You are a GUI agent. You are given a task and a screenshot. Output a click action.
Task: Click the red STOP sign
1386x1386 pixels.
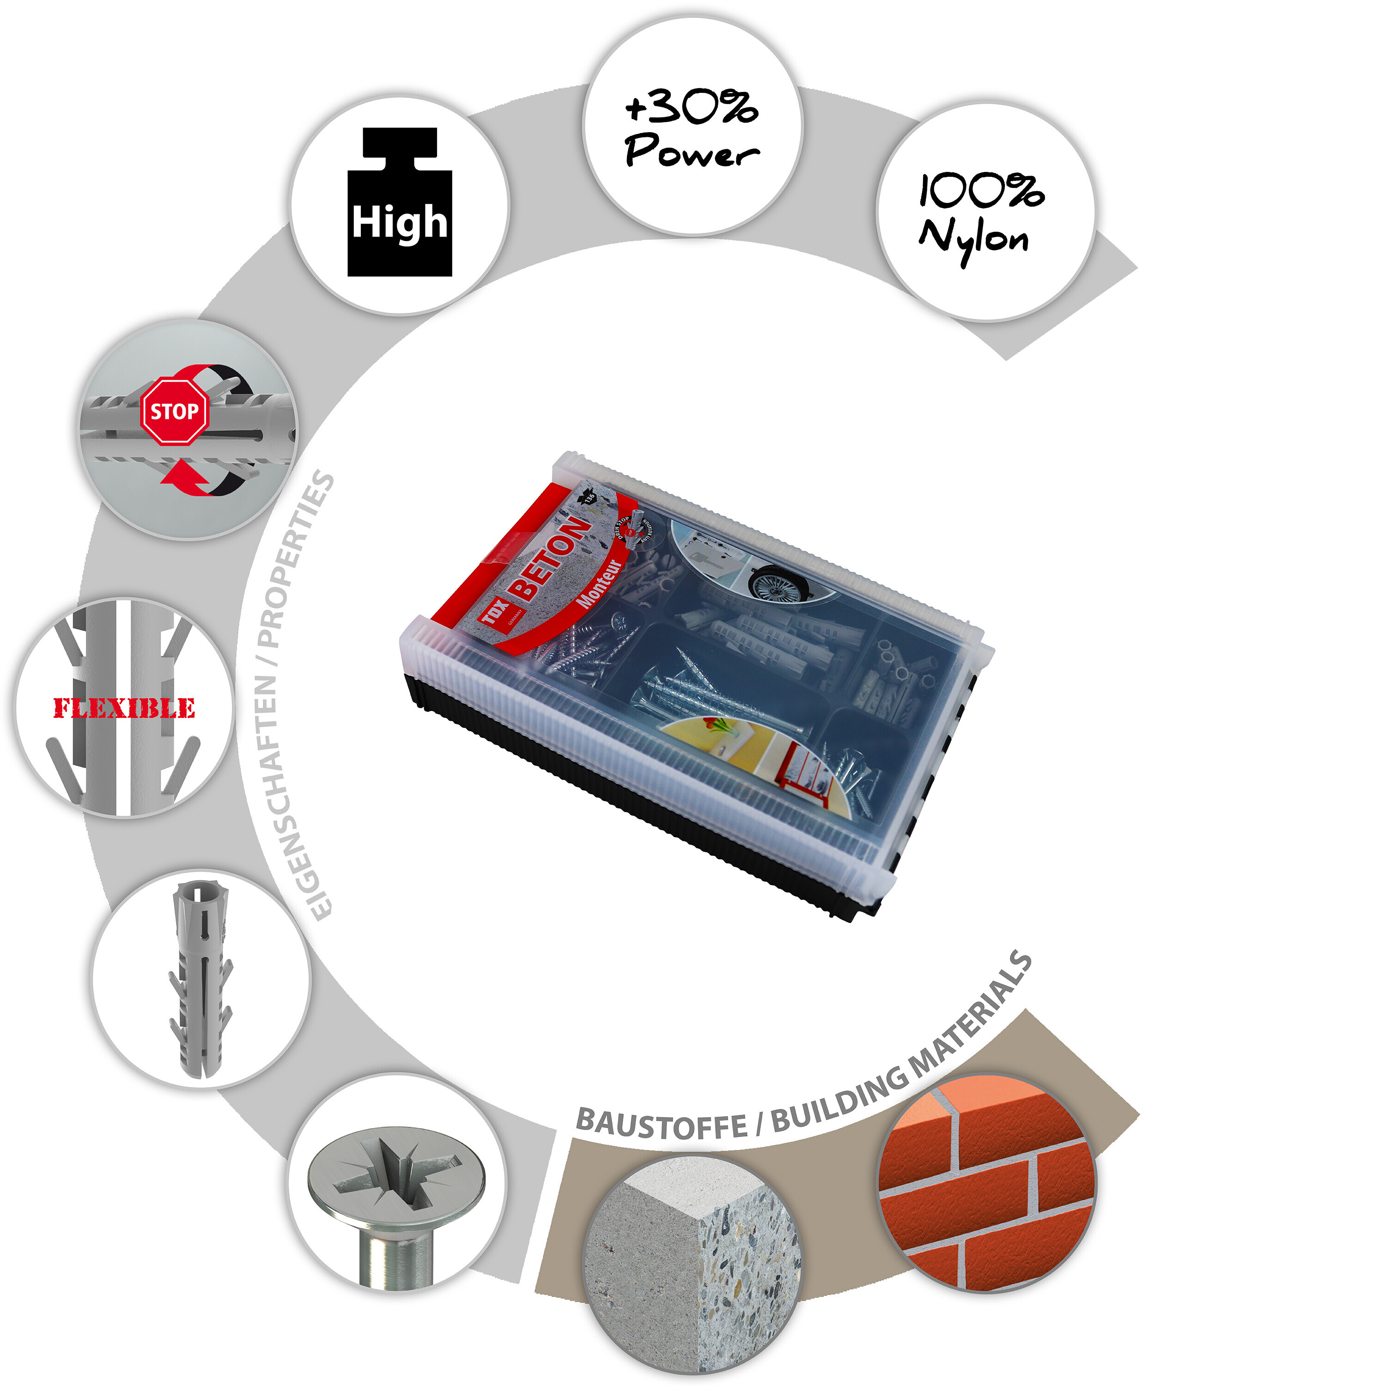[x=174, y=411]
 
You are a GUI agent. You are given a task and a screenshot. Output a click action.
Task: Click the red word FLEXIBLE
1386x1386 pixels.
[x=124, y=708]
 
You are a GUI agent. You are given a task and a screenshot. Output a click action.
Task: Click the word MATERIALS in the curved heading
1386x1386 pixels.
[x=972, y=1011]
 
